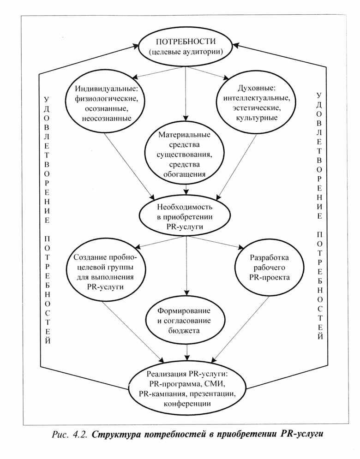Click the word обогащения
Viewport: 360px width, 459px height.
185,174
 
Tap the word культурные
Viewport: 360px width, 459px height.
257,118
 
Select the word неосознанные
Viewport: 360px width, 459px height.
105,119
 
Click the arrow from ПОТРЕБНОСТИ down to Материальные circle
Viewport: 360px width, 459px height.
186,92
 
